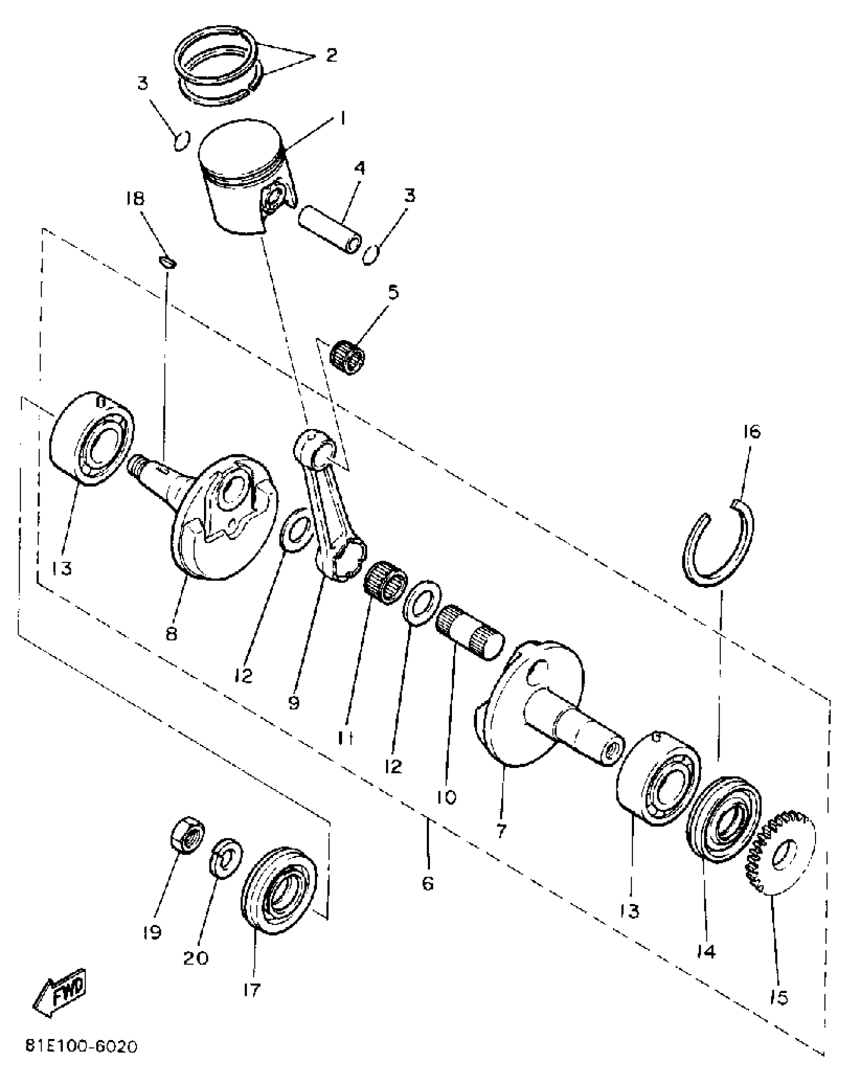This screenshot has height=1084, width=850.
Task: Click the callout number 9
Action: [x=294, y=703]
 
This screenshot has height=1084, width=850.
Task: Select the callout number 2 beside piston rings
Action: [x=331, y=54]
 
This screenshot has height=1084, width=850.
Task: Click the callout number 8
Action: [x=171, y=634]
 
